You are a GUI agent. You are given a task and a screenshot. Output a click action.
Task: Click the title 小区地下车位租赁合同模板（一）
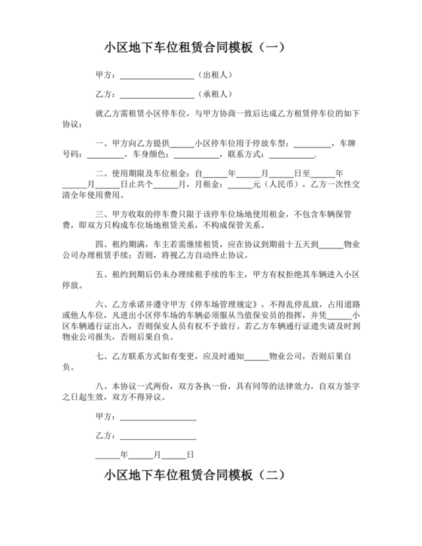[194, 47]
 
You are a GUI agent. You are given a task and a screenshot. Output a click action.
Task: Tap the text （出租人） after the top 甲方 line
[216, 75]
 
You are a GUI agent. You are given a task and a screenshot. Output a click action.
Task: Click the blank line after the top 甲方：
[157, 76]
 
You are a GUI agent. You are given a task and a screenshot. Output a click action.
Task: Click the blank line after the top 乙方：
[157, 95]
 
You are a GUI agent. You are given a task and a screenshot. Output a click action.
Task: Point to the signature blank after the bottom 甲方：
[158, 416]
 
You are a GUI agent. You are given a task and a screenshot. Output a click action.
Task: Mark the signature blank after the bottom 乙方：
[158, 436]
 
